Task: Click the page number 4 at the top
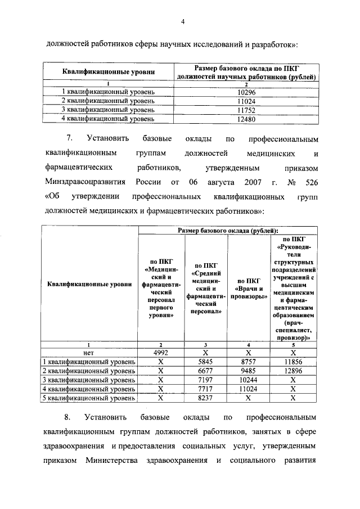point(183,22)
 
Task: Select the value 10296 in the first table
point(247,92)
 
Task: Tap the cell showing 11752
point(247,110)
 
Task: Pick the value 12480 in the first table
point(247,119)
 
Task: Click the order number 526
point(311,182)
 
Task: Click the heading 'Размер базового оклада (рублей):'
point(228,231)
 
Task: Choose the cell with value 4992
point(160,353)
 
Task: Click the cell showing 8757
point(248,362)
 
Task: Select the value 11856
point(293,362)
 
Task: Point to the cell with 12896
point(293,371)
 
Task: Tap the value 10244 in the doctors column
point(248,380)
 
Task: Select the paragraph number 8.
point(67,418)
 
